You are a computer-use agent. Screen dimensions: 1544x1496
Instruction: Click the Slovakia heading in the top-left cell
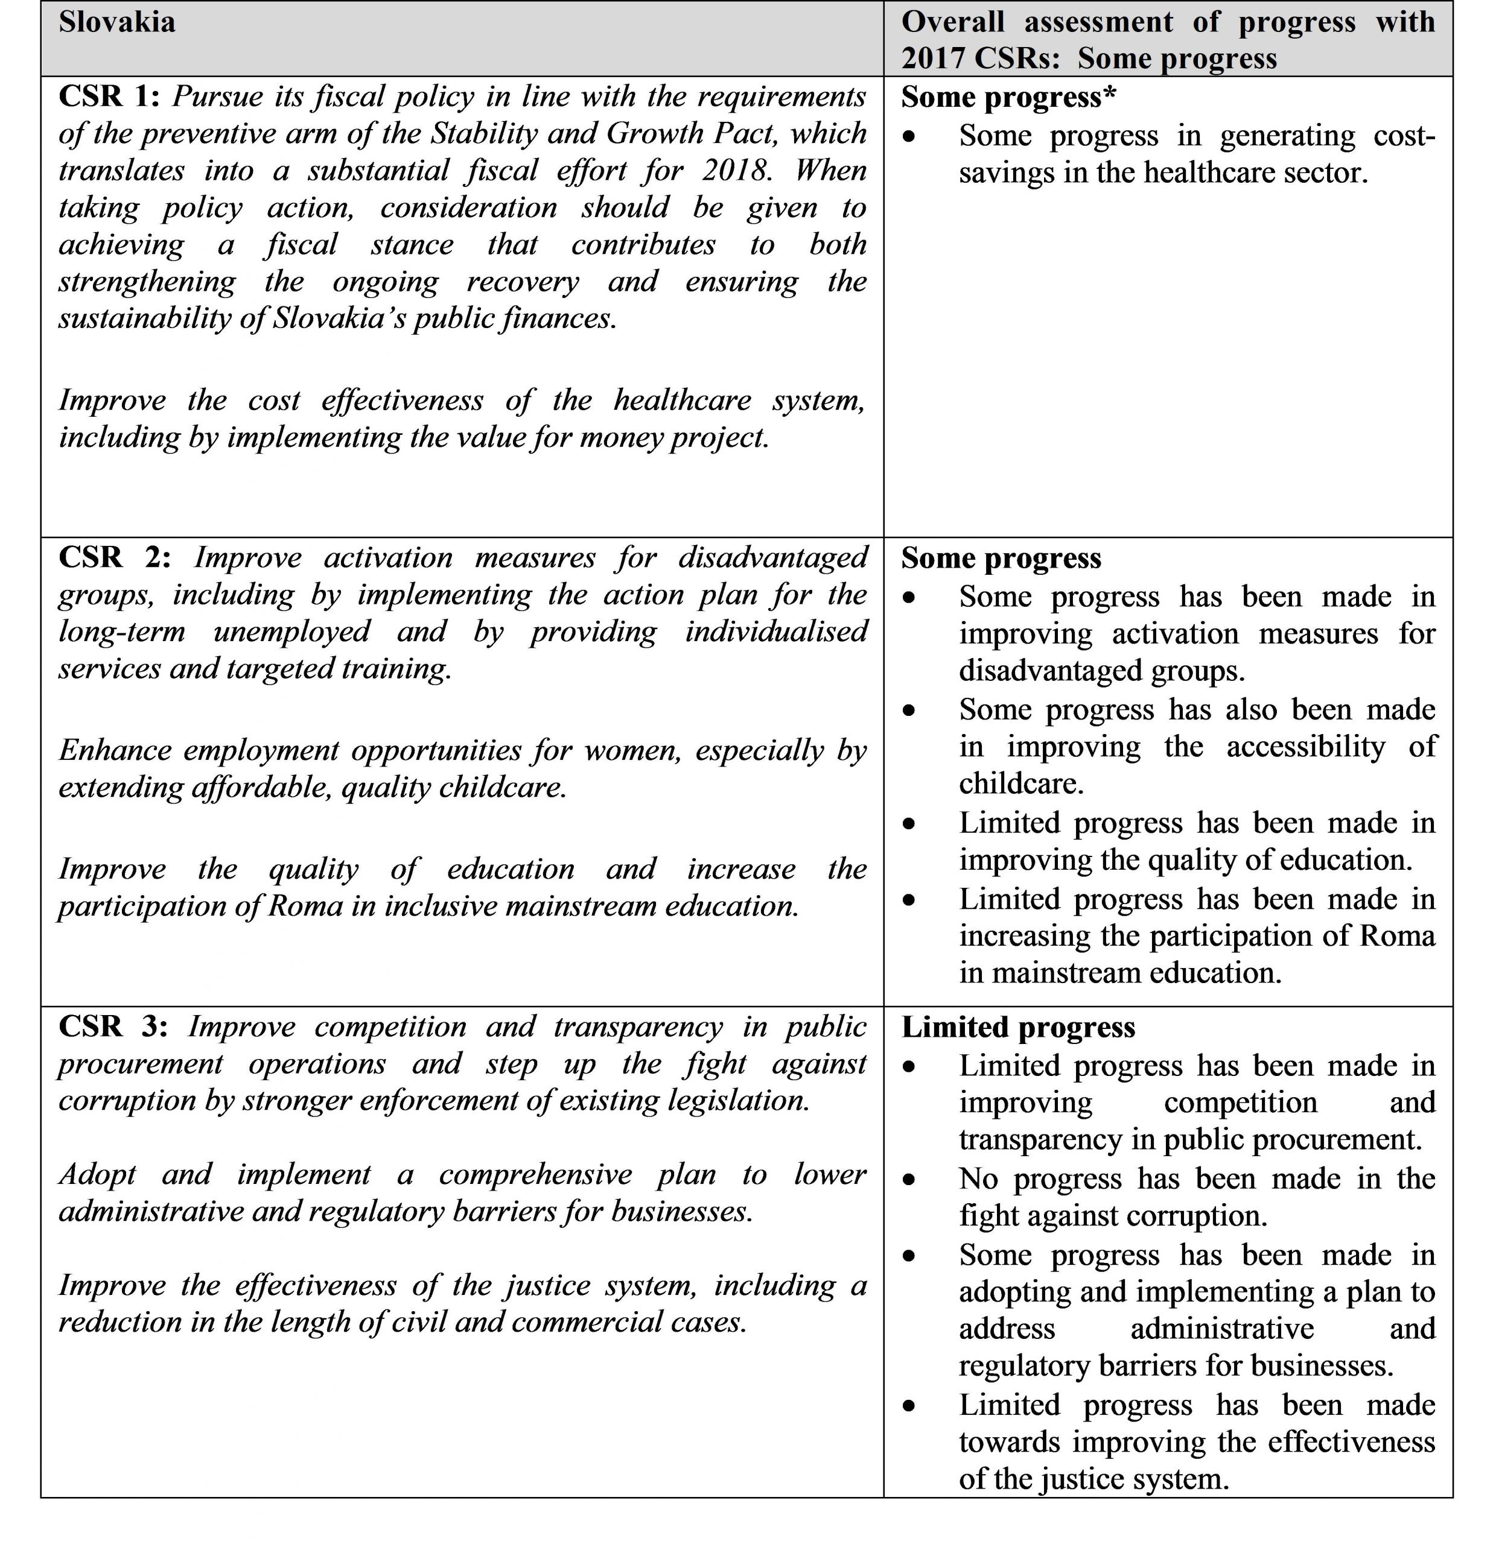(116, 21)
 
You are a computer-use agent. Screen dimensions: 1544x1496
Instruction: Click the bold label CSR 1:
(109, 96)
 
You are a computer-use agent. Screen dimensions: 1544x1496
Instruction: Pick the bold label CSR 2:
(113, 557)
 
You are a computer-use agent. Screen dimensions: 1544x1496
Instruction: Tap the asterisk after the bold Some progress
(1110, 95)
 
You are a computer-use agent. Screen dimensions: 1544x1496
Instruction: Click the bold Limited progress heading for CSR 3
(1017, 1027)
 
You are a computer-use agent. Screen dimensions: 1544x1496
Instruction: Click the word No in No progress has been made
(978, 1179)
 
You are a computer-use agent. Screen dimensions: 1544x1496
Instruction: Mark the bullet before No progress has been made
(909, 1179)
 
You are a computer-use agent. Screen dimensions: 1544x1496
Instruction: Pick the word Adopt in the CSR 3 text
(97, 1174)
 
